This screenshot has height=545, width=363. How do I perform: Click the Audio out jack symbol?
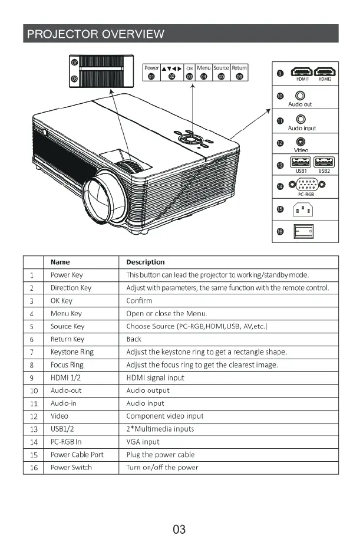pyautogui.click(x=301, y=96)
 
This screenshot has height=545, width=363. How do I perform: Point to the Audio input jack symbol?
pyautogui.click(x=301, y=120)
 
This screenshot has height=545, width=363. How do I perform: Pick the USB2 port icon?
pyautogui.click(x=324, y=162)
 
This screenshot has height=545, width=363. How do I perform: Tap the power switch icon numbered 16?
pyautogui.click(x=303, y=230)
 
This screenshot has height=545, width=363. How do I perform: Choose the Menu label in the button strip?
pyautogui.click(x=204, y=68)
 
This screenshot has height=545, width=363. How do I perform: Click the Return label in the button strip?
pyautogui.click(x=239, y=68)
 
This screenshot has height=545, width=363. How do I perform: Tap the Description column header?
pyautogui.click(x=146, y=262)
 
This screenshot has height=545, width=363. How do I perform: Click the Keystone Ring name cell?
pyautogui.click(x=72, y=352)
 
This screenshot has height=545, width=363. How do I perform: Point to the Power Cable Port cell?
pyautogui.click(x=77, y=455)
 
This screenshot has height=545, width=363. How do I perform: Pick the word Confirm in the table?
pyautogui.click(x=139, y=301)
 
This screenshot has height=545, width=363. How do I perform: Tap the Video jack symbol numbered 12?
pyautogui.click(x=302, y=142)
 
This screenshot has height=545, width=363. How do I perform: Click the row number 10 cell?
pyautogui.click(x=34, y=390)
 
